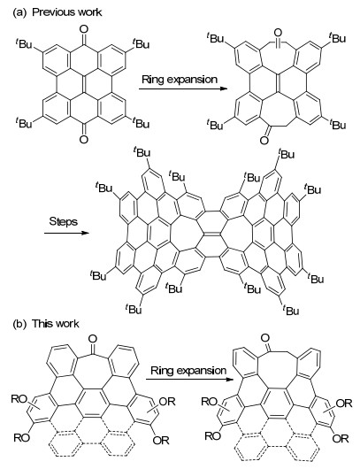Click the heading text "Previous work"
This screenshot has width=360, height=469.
click(x=67, y=12)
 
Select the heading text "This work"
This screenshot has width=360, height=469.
click(x=56, y=324)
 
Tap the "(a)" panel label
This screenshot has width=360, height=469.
click(x=19, y=12)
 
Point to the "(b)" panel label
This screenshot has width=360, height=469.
click(x=19, y=324)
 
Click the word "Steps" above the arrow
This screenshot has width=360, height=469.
click(x=64, y=221)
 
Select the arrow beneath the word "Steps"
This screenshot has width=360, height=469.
click(x=66, y=233)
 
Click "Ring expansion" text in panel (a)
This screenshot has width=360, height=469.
click(x=180, y=80)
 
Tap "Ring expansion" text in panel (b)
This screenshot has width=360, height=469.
click(x=188, y=371)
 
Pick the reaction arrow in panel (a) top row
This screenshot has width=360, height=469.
click(x=183, y=88)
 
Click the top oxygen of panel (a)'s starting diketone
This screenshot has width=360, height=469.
click(x=84, y=29)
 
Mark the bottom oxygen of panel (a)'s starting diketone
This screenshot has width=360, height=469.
click(x=84, y=139)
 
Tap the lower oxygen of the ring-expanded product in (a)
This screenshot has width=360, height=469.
click(x=264, y=140)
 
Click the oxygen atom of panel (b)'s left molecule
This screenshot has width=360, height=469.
click(x=93, y=338)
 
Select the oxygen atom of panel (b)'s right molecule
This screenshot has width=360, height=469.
click(x=265, y=338)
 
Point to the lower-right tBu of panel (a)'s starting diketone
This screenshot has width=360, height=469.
click(x=141, y=123)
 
